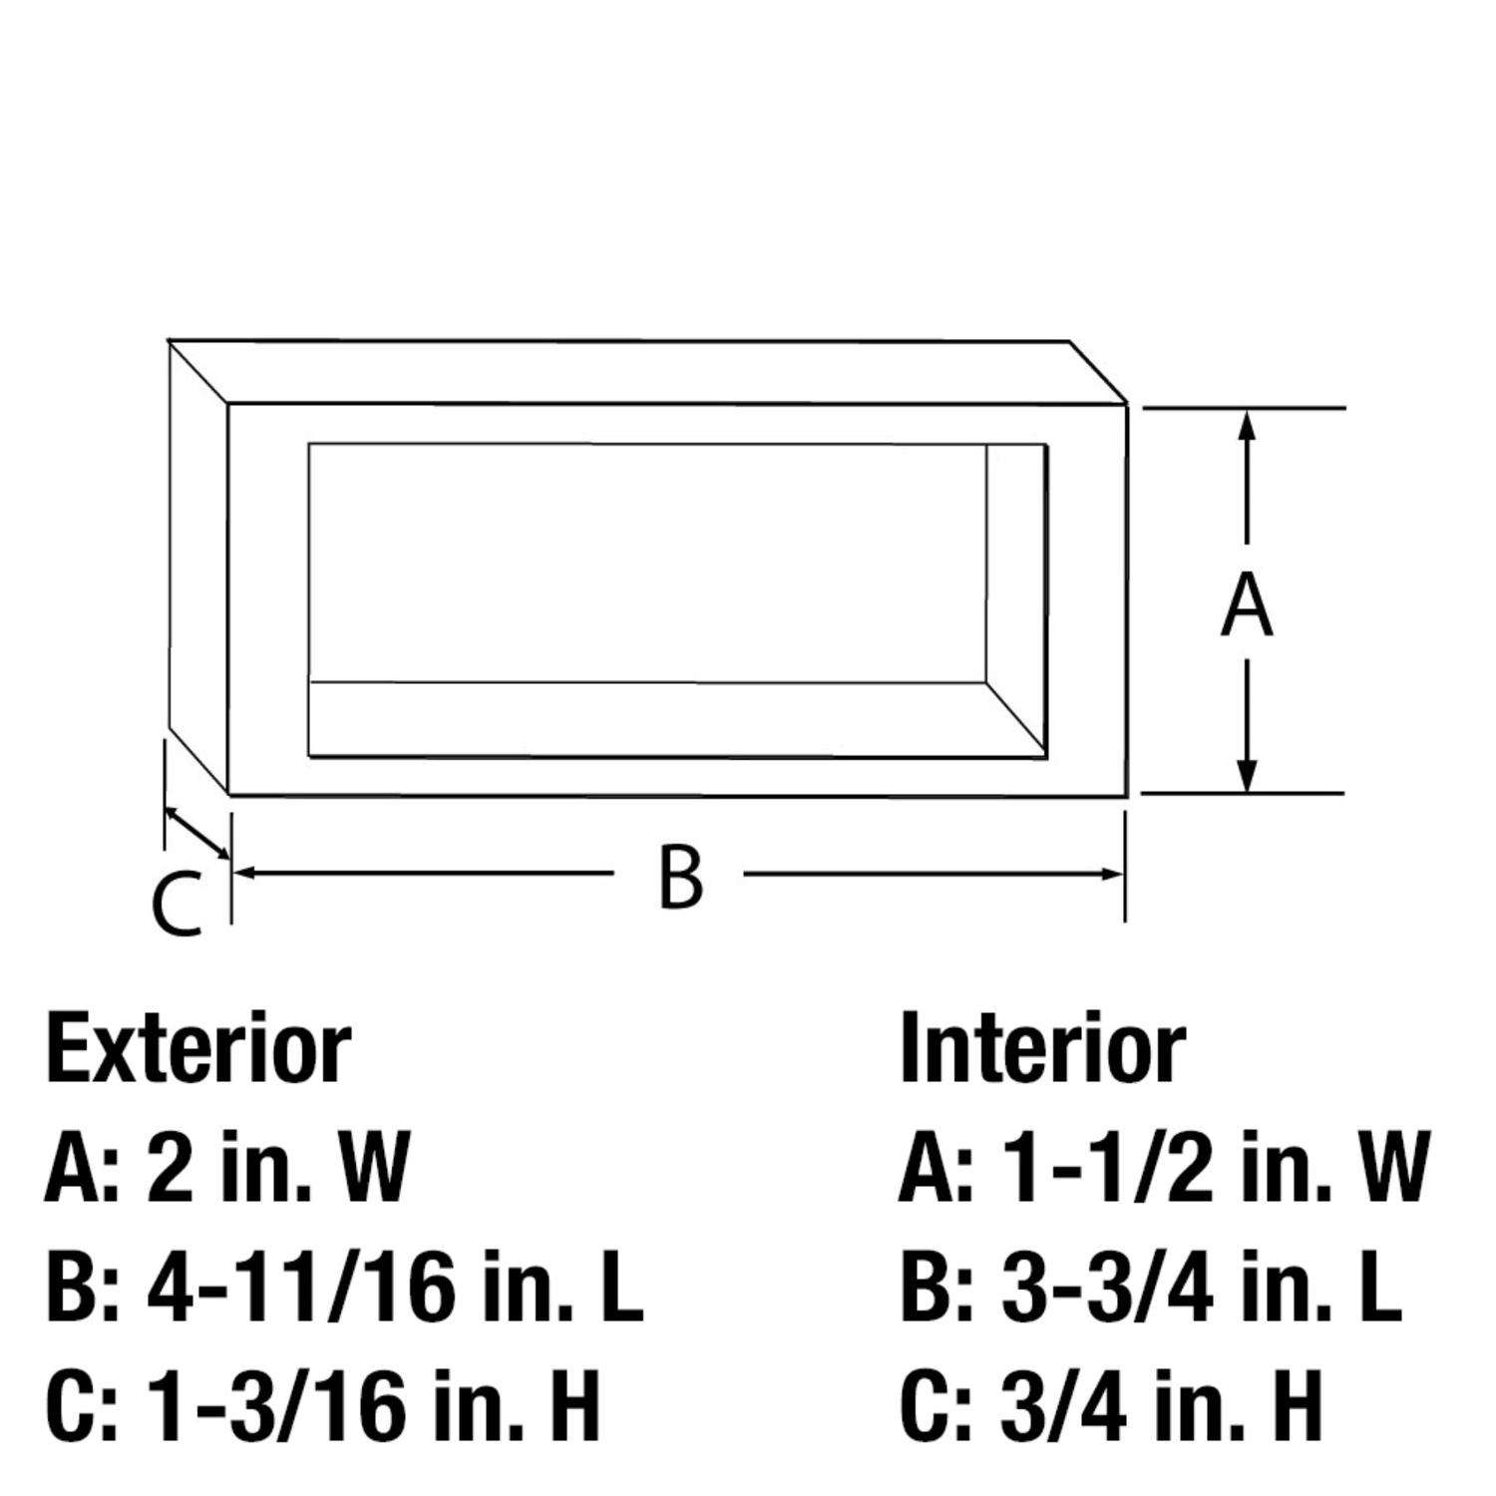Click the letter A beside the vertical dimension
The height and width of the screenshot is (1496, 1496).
1247,606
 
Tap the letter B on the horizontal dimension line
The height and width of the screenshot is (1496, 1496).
681,876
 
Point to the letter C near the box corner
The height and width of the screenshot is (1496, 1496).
178,906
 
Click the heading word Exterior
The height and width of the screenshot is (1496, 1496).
198,1049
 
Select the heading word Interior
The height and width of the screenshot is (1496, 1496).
1042,1049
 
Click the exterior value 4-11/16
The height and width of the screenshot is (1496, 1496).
295,1289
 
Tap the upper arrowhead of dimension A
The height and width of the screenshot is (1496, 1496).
1246,424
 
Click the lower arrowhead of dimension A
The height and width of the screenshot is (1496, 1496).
1246,778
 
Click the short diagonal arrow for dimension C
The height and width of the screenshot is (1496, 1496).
197,833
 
